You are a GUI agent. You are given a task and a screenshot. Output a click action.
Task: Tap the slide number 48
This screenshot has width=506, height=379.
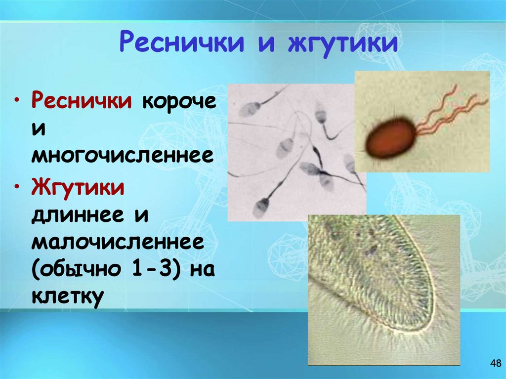click(495, 364)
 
